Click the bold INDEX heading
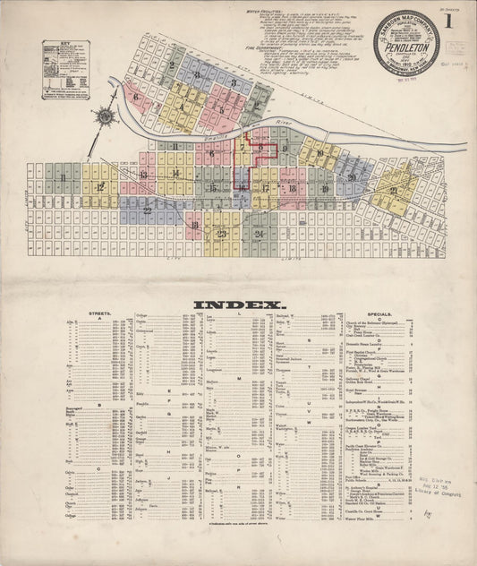point(236,304)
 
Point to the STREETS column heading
point(99,314)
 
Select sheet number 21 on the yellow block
point(393,191)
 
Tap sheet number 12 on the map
point(100,186)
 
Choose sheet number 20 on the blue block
point(353,177)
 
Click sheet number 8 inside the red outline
point(260,147)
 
